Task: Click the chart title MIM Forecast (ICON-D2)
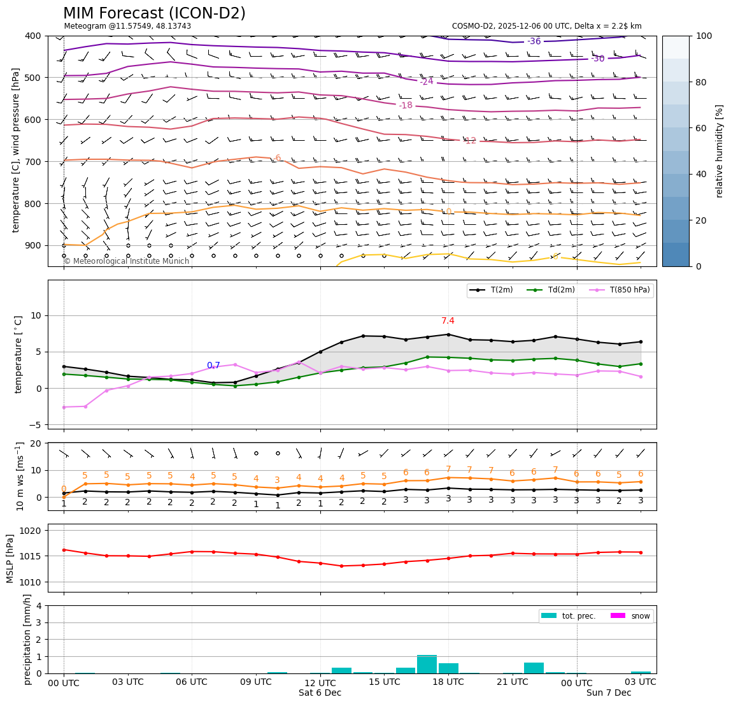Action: (154, 13)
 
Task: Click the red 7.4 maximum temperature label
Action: (448, 321)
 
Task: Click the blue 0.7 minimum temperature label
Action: (213, 366)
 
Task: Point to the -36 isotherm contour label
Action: (534, 42)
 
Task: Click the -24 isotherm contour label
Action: (427, 82)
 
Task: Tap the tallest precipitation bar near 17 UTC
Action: (427, 664)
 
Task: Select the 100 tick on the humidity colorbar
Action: (704, 36)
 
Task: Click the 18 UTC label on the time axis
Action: (448, 682)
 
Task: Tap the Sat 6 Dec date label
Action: (320, 693)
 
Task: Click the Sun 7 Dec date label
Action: (609, 693)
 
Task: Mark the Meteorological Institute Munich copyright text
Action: (127, 261)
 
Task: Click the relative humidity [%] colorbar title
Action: (720, 151)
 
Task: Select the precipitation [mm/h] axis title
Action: (27, 639)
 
